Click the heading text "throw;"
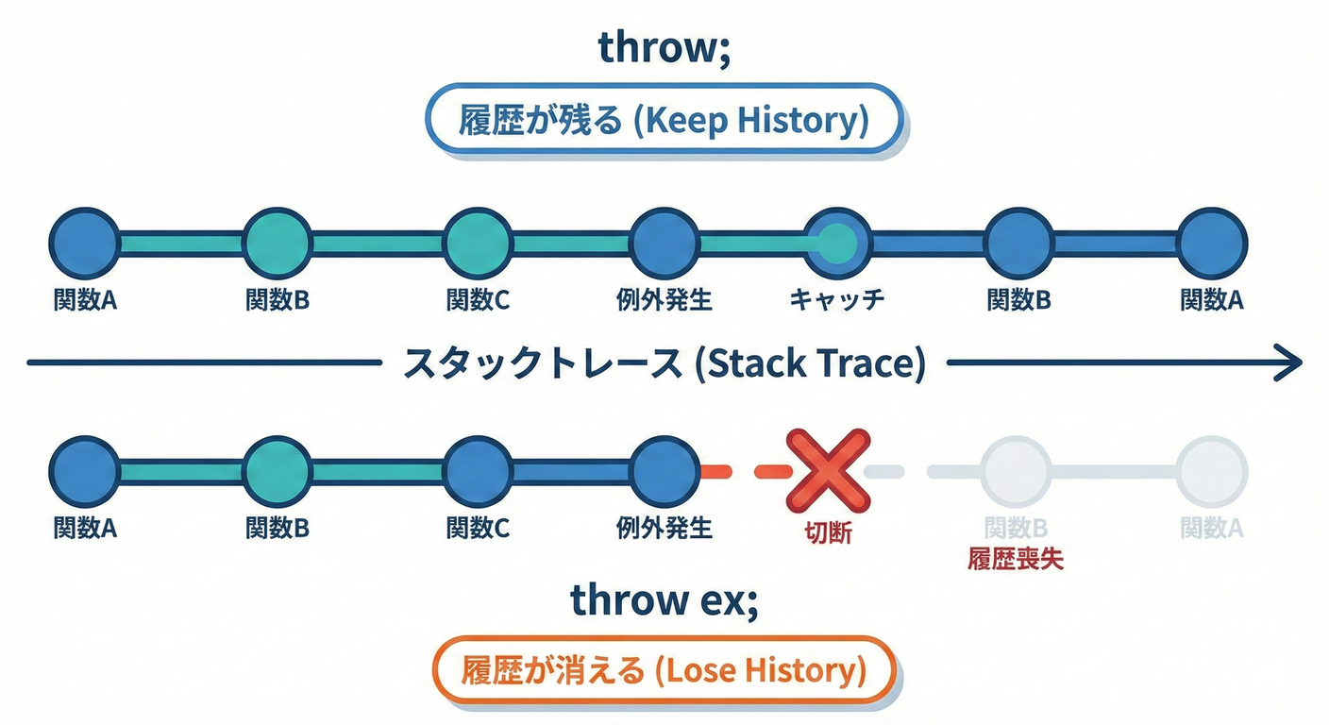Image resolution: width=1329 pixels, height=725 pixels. [664, 50]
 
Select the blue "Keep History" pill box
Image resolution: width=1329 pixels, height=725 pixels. [664, 121]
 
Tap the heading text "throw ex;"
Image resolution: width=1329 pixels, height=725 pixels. [664, 599]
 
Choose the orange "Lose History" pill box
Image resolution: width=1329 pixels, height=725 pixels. [664, 671]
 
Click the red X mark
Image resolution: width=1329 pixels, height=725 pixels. [828, 470]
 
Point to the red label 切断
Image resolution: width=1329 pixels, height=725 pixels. [828, 533]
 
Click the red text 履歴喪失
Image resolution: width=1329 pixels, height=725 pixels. [1016, 558]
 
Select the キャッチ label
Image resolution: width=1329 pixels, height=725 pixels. [836, 300]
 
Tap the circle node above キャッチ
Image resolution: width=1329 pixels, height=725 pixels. [836, 244]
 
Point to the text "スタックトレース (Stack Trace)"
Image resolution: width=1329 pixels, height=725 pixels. [664, 363]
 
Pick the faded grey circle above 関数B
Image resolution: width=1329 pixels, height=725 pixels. [1017, 470]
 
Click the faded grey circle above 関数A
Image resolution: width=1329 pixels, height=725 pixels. [1212, 470]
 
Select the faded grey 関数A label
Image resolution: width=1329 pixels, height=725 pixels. [1212, 529]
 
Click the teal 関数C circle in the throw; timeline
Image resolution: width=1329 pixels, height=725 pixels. [478, 244]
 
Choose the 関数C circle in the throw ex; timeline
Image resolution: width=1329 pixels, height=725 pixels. [478, 470]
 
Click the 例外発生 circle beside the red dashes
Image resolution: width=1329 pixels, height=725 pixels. [664, 470]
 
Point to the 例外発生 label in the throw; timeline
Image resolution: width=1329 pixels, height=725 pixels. [664, 300]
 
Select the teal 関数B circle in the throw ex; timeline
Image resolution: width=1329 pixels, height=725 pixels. [277, 470]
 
